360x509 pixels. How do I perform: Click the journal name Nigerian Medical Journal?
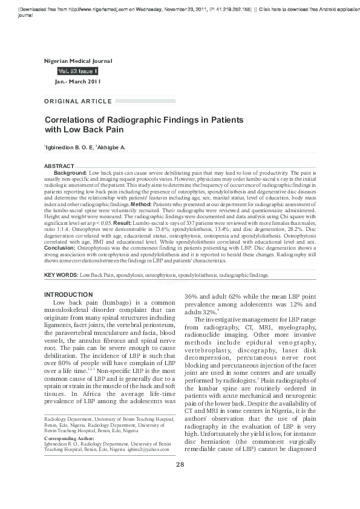pyautogui.click(x=79, y=62)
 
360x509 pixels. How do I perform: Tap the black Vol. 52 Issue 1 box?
pyautogui.click(x=76, y=71)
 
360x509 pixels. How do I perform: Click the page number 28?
pyautogui.click(x=180, y=481)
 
